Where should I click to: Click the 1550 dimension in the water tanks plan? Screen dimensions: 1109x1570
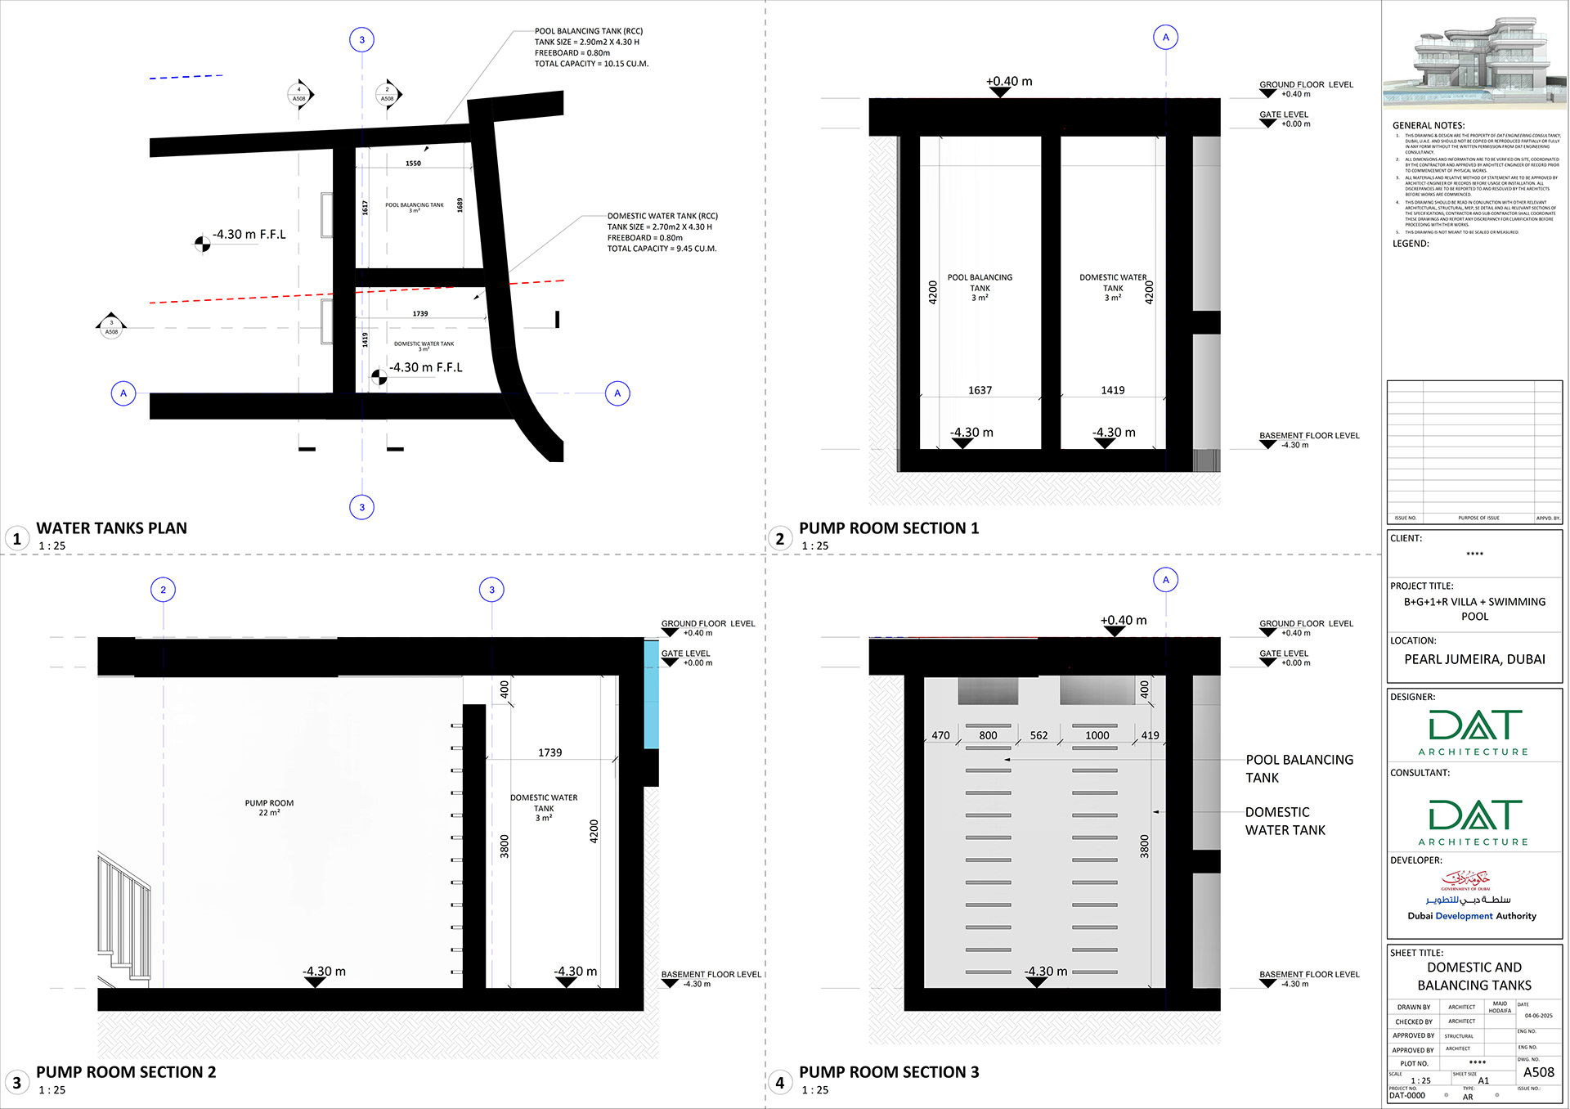click(x=413, y=164)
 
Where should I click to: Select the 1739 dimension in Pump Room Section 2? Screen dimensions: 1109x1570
click(x=549, y=752)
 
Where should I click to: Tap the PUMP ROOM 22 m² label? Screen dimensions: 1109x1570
click(x=269, y=807)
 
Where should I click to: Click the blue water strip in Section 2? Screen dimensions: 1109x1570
click(x=651, y=695)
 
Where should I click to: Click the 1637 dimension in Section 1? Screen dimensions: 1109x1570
click(x=980, y=390)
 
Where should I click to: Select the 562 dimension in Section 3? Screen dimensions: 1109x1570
click(x=1038, y=735)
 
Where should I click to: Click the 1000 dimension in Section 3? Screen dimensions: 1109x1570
click(x=1097, y=735)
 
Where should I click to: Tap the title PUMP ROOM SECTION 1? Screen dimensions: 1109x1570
click(x=888, y=528)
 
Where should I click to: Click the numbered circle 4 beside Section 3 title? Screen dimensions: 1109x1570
click(x=779, y=1083)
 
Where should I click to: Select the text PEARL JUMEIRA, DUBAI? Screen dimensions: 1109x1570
click(x=1474, y=659)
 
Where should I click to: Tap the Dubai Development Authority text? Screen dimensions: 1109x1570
click(x=1471, y=916)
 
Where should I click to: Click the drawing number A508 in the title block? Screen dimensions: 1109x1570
click(x=1538, y=1072)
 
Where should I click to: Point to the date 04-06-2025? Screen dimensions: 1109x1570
click(x=1538, y=1016)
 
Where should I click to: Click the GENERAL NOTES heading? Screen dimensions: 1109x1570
click(x=1429, y=125)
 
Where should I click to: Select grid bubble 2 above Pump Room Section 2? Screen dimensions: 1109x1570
click(x=163, y=590)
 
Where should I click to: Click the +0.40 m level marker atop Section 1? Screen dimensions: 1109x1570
click(x=1008, y=82)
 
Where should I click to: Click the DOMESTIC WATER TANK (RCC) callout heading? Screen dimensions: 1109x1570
click(x=662, y=216)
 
